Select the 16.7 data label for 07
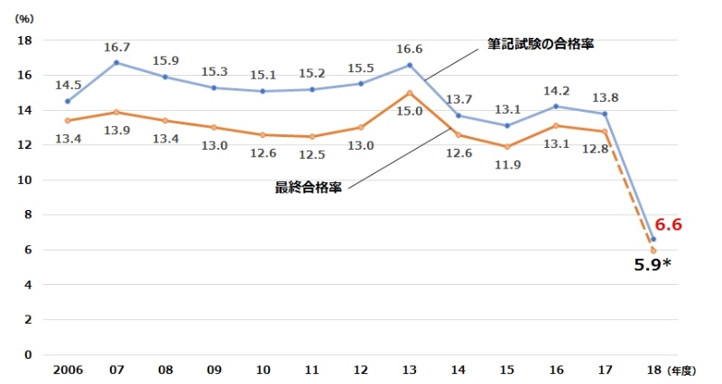(116, 46)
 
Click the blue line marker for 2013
(410, 65)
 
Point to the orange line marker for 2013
(410, 93)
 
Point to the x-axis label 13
(410, 370)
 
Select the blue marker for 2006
(68, 101)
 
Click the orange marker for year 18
(653, 251)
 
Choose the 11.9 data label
(507, 164)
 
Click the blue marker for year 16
(556, 106)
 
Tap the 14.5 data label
(68, 85)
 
